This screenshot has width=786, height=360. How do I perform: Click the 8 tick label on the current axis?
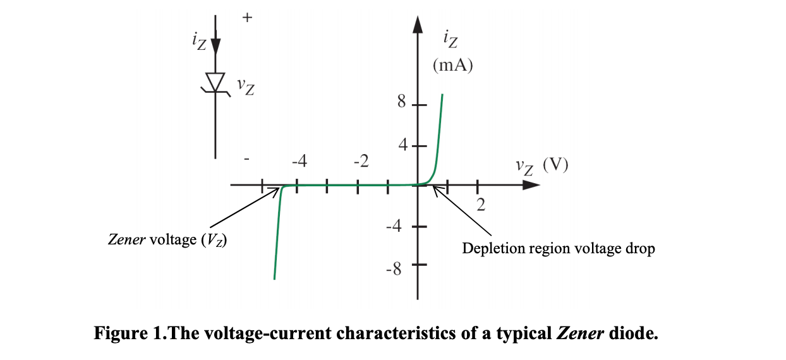click(x=401, y=103)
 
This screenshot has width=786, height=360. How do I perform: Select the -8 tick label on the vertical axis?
click(x=394, y=270)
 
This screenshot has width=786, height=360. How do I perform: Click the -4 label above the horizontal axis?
click(x=299, y=162)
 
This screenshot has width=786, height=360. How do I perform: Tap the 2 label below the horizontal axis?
click(x=481, y=205)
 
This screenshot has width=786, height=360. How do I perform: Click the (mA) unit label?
click(x=453, y=65)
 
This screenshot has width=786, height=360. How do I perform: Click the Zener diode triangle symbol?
click(x=216, y=82)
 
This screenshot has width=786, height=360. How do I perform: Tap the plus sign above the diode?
click(x=246, y=18)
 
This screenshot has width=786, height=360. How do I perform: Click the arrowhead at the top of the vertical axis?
click(x=417, y=24)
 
